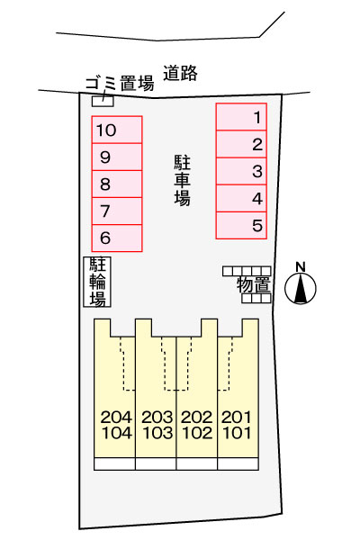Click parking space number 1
pos(241,117)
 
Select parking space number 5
pos(241,226)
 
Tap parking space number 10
pos(117,130)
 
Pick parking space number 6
pos(117,238)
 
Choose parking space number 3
pos(241,171)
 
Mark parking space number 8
pos(117,184)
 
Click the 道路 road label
pos(180,73)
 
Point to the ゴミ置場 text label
pos(120,84)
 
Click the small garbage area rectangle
pos(103,101)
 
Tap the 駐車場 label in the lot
pos(182,180)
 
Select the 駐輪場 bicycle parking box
pos(97,282)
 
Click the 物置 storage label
pos(254,284)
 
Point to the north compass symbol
pos(301,289)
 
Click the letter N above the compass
pos(301,267)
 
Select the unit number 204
pos(116,417)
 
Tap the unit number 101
pos(237,433)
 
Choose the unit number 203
pos(157,417)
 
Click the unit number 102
pos(197,433)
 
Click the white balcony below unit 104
pos(114,463)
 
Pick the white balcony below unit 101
pos(238,463)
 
